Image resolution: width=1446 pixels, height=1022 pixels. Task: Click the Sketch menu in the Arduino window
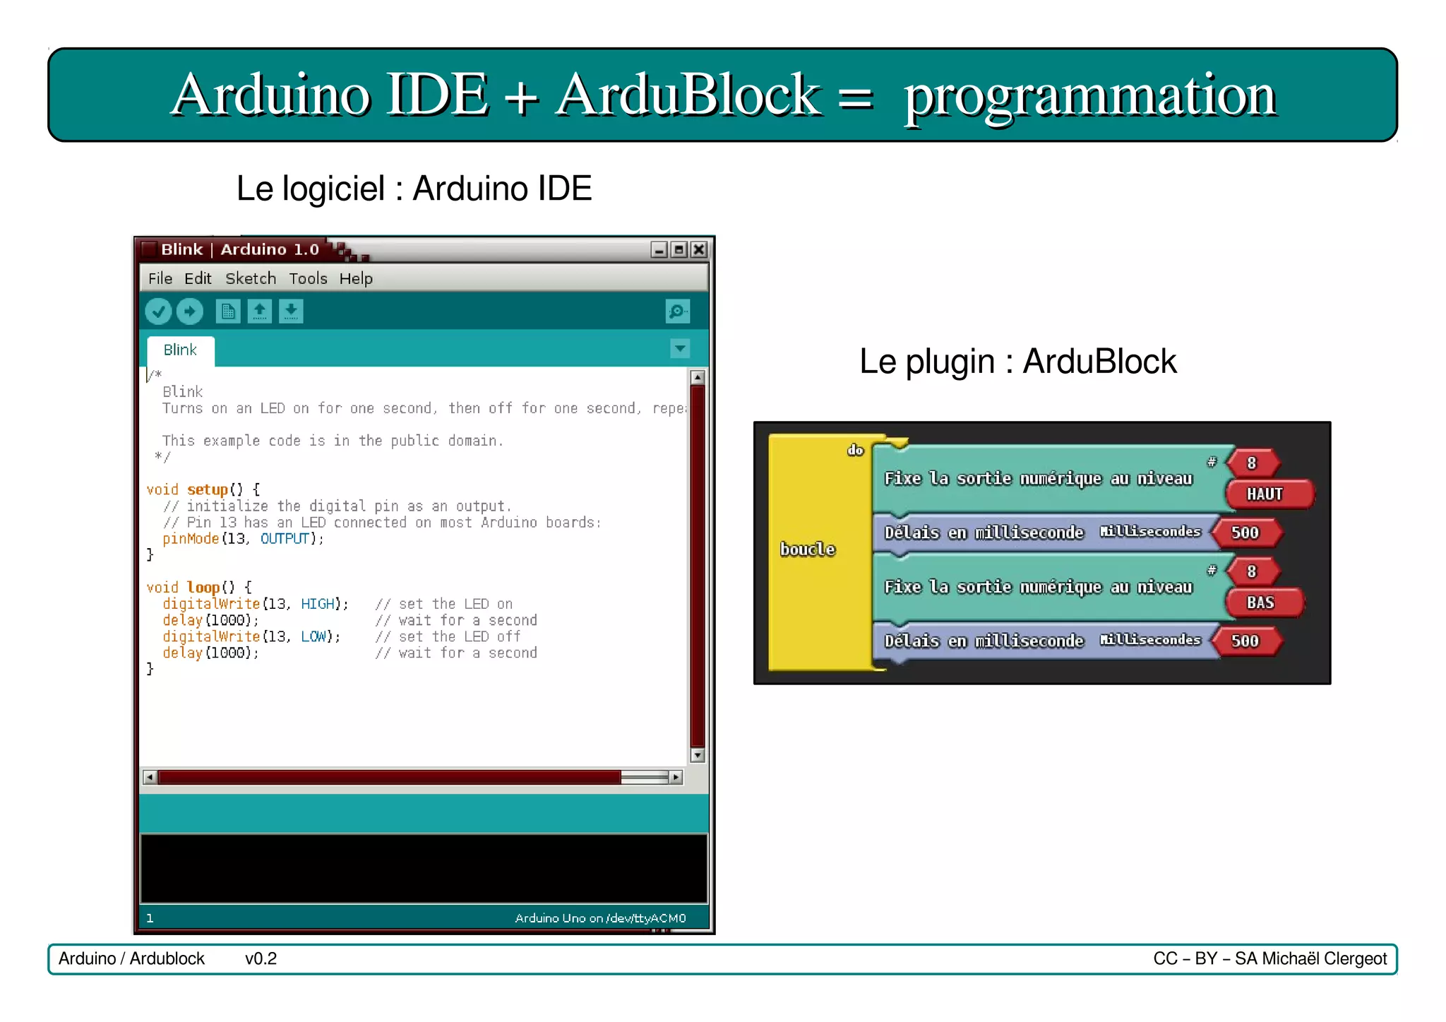(251, 279)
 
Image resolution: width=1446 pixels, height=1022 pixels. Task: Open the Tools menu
(308, 279)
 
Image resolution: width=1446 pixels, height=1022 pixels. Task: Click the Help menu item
(356, 279)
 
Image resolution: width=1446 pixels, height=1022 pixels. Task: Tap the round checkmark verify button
(158, 311)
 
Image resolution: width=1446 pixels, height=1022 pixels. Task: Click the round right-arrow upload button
(189, 311)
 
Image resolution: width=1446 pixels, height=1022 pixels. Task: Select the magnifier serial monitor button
(677, 311)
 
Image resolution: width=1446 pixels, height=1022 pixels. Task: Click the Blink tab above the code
(180, 350)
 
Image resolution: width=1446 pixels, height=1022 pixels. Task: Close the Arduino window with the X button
(698, 249)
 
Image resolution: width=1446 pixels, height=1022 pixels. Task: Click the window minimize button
(659, 249)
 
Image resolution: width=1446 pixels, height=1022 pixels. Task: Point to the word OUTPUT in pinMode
(285, 539)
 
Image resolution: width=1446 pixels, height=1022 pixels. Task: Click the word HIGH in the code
(317, 604)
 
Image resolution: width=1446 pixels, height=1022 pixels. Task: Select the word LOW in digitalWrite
(313, 636)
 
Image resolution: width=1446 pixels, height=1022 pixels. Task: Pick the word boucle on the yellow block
(808, 549)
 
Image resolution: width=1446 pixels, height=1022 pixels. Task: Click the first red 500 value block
(1245, 533)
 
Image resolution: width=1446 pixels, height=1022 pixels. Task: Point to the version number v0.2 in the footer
(261, 959)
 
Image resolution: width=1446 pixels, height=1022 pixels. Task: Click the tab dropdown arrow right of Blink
(679, 348)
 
